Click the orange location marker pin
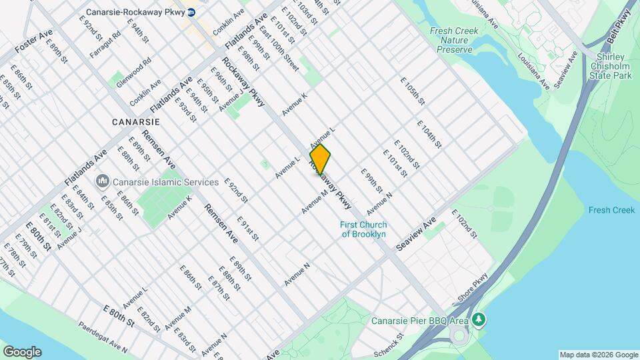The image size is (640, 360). coord(320,160)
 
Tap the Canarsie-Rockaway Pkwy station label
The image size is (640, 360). coord(135,12)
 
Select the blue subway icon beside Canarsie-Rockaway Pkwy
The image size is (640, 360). coord(191,12)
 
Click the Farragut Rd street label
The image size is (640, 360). coord(106,43)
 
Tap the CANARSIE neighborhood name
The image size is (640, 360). coord(135,122)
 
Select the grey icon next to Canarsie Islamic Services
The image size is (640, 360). coord(103,181)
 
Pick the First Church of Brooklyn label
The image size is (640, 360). coord(363,229)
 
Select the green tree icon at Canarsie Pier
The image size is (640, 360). coord(478,321)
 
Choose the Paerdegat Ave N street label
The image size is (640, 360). coord(103,337)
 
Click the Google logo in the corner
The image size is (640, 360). coord(22,352)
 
